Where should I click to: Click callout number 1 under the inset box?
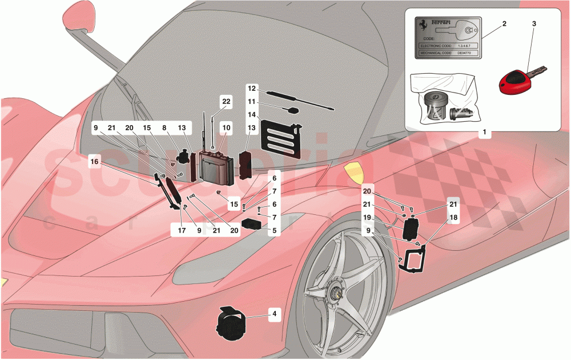[x=484, y=133]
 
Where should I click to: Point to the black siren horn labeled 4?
[x=232, y=323]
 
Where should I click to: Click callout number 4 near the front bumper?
[x=274, y=313]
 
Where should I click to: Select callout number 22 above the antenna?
[x=227, y=101]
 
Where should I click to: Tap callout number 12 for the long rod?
[x=252, y=89]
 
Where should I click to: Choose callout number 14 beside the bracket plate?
[x=252, y=114]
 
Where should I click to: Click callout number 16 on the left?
[x=95, y=163]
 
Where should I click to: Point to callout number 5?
[x=274, y=231]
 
